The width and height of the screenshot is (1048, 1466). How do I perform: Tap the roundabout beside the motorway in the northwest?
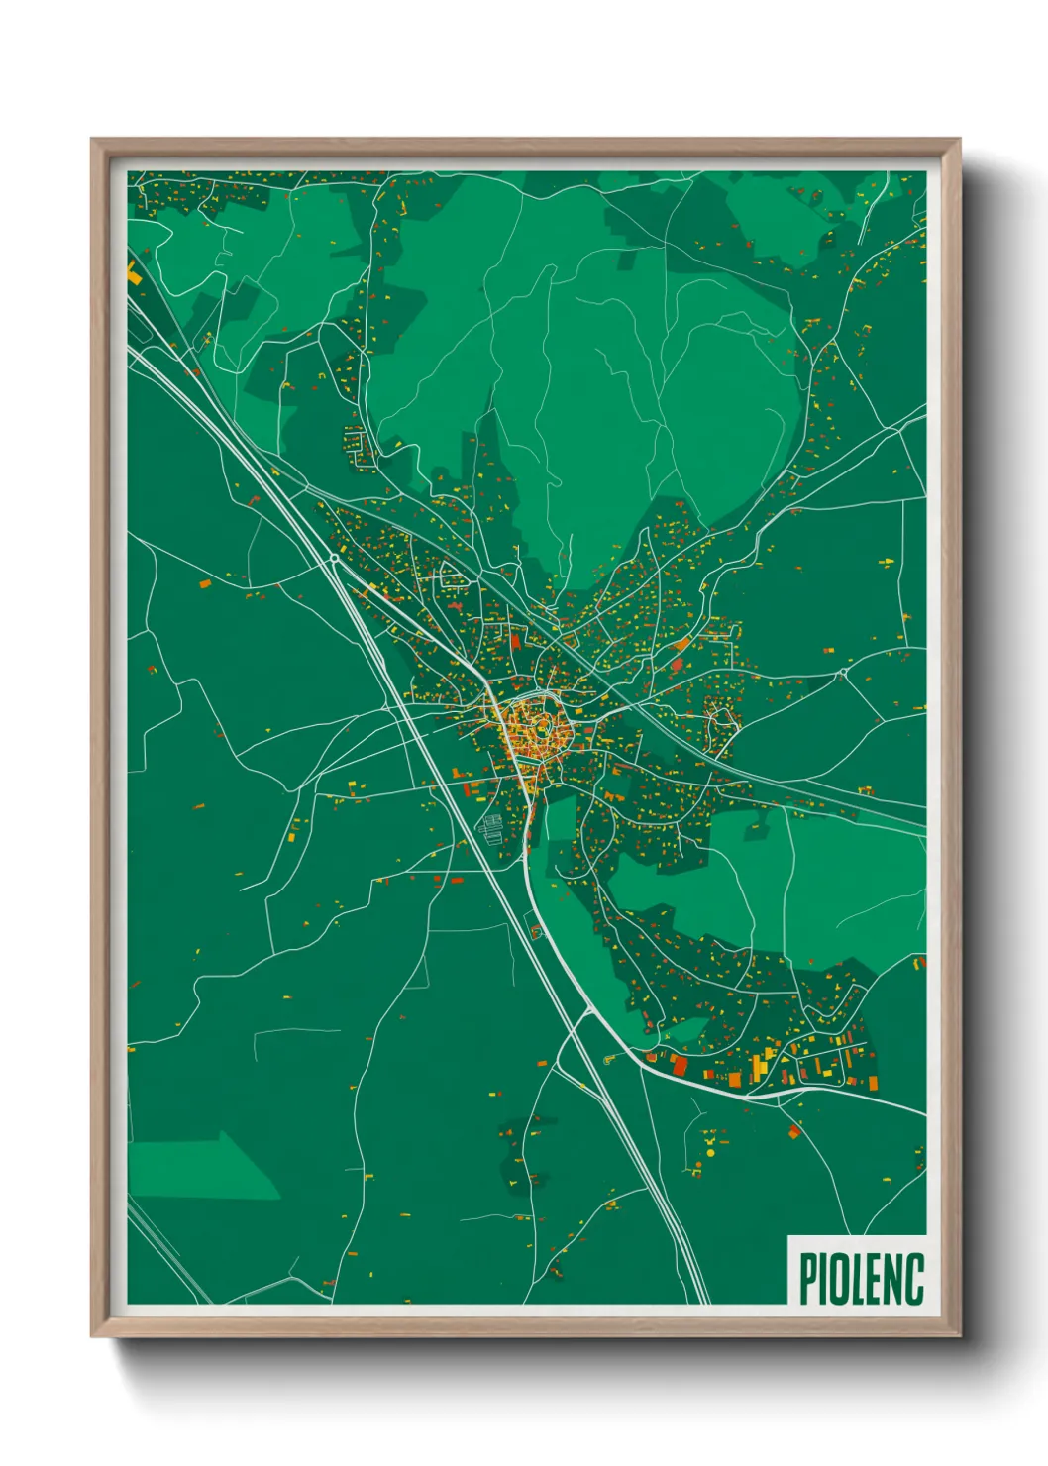pos(335,559)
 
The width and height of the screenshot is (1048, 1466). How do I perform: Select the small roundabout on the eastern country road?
pos(843,673)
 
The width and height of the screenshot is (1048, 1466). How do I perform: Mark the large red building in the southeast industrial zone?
pos(680,1065)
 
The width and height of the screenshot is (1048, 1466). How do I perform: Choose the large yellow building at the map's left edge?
pos(133,272)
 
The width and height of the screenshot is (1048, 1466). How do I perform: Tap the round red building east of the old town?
pos(678,665)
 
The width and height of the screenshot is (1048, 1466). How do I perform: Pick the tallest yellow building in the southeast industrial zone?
pos(759,1068)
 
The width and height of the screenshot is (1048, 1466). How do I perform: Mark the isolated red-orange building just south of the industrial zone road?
pos(794,1130)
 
